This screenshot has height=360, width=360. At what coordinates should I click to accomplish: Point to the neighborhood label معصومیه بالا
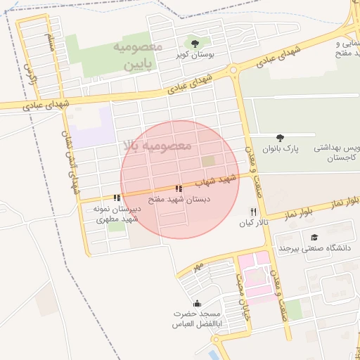tap(157, 146)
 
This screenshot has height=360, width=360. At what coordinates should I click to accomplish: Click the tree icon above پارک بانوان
tap(281, 139)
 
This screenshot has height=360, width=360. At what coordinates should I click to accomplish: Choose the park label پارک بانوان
tap(281, 149)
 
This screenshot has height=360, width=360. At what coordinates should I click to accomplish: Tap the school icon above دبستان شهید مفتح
tap(179, 189)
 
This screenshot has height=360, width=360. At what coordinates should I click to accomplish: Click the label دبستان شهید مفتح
tap(178, 200)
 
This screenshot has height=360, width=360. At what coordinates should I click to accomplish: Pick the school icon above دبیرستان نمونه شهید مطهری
tap(117, 199)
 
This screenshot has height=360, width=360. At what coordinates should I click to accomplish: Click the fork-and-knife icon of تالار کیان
tap(253, 212)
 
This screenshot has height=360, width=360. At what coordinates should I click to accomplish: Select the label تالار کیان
tap(254, 223)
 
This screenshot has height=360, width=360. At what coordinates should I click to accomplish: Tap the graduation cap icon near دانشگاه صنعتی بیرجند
tap(314, 238)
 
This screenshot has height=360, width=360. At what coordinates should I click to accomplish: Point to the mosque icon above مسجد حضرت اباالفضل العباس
tap(196, 303)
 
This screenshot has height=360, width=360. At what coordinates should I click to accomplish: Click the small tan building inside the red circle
tap(208, 162)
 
